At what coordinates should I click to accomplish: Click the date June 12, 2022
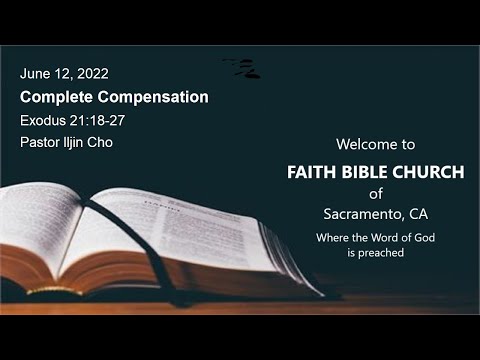click(x=64, y=74)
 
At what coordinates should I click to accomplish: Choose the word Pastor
click(x=41, y=142)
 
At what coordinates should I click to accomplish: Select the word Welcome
click(x=363, y=145)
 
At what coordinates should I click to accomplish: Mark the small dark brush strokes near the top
click(x=245, y=68)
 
